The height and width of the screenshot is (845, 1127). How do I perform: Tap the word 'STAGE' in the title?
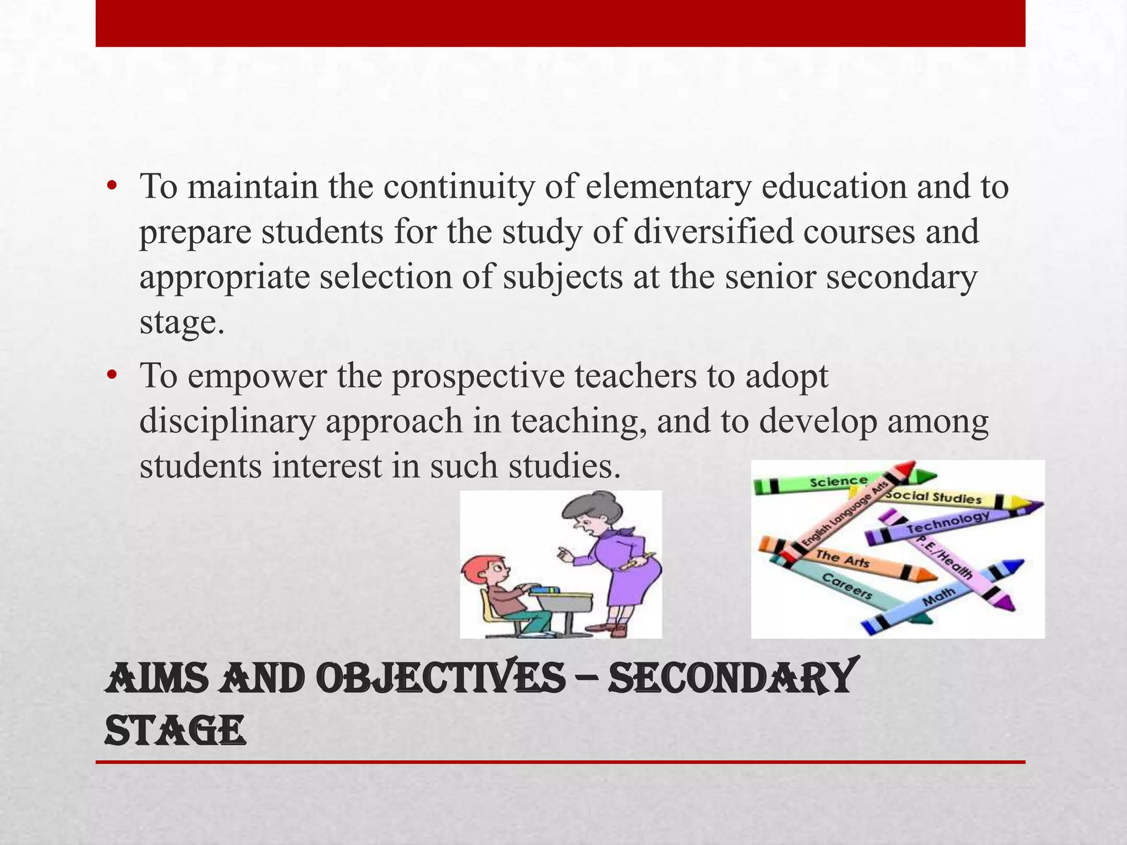(x=174, y=731)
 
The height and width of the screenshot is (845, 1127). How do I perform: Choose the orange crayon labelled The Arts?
(x=847, y=560)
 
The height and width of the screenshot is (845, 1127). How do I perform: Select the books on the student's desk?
(x=545, y=590)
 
